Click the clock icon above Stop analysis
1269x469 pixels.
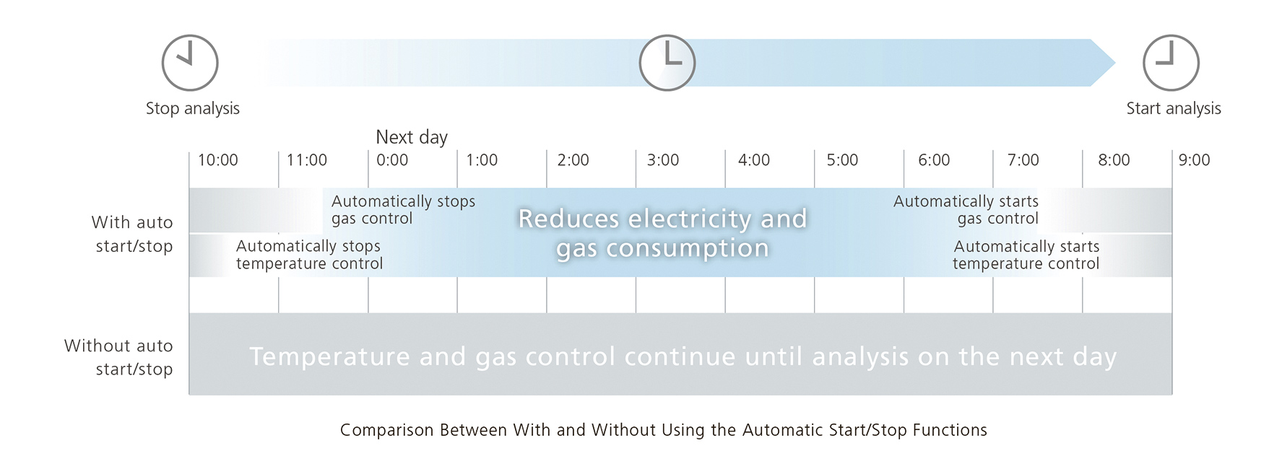coord(190,63)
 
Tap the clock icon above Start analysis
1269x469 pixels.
coord(1171,63)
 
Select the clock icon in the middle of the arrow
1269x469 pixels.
coord(667,63)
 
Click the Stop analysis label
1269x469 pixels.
coord(192,109)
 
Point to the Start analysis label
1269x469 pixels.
coord(1174,109)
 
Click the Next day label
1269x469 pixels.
coord(412,137)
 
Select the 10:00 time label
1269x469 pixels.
coord(218,160)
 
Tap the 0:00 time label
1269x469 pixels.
coord(392,160)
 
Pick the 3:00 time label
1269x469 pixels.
coord(663,160)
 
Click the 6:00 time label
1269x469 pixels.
coord(934,160)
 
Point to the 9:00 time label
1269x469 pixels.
coord(1194,160)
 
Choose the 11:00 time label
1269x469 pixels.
coord(307,160)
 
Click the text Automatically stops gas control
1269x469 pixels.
coord(403,210)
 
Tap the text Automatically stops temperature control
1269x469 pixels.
coord(309,255)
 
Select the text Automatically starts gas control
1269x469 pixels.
coord(966,210)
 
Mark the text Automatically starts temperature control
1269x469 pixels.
coord(1026,255)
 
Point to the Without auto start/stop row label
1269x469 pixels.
coord(118,357)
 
